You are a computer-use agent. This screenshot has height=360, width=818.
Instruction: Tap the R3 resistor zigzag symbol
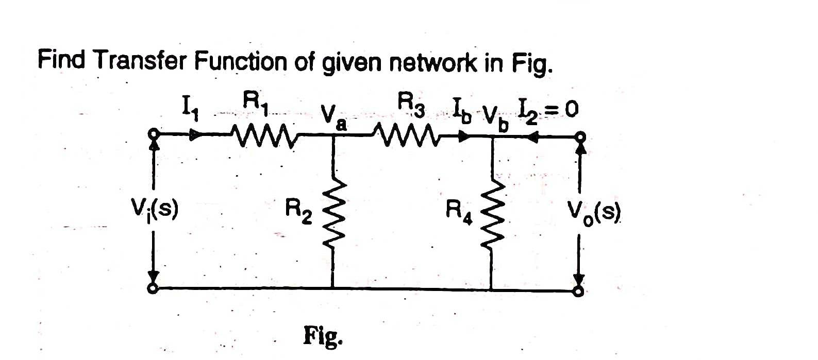(410, 136)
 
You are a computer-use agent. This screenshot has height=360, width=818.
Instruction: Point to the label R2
(299, 211)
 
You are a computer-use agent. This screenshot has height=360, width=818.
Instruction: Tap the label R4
(459, 211)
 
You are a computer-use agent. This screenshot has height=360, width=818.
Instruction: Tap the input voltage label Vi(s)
(155, 210)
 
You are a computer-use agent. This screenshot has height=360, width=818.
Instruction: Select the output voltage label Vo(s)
(594, 211)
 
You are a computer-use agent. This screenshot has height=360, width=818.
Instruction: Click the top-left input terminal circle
(153, 135)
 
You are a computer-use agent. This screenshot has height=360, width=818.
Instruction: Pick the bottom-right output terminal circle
(579, 292)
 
